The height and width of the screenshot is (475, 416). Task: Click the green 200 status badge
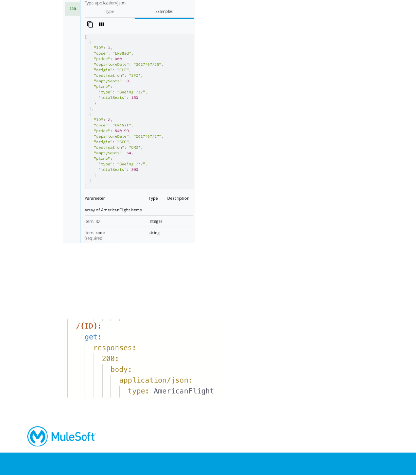[x=73, y=9]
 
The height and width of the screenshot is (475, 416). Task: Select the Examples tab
[x=164, y=12]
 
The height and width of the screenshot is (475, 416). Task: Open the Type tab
[x=109, y=12]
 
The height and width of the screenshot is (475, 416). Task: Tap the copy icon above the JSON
[x=90, y=24]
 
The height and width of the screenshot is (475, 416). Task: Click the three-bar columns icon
[x=101, y=24]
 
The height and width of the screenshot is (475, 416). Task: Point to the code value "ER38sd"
[x=122, y=53]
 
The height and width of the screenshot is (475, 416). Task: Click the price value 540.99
[x=122, y=131]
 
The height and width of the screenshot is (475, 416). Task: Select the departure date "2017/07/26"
[x=148, y=64]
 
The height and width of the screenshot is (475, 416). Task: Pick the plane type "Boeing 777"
[x=131, y=164]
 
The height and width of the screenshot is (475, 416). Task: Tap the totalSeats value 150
[x=135, y=98]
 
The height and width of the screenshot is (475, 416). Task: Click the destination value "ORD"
[x=135, y=147]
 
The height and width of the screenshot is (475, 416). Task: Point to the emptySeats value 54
[x=128, y=153]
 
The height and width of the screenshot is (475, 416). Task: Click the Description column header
[x=178, y=198]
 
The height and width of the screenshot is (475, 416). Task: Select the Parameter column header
[x=94, y=198]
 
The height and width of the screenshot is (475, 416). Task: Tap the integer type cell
[x=155, y=222]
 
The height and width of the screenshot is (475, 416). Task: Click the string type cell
[x=154, y=233]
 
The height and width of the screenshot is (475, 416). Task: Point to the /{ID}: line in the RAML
[x=88, y=326]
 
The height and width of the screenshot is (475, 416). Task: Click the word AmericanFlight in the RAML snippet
[x=184, y=391]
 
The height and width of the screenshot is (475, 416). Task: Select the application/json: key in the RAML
[x=155, y=380]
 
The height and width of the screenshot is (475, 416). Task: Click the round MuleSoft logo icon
[x=37, y=436]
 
